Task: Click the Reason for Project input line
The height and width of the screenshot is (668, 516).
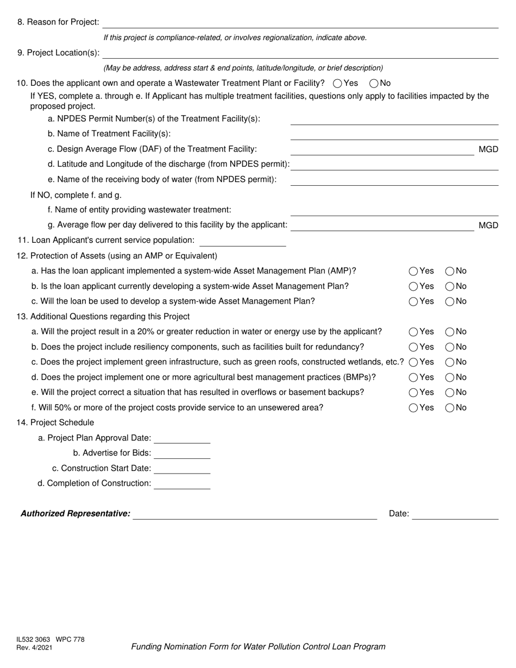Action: pos(300,22)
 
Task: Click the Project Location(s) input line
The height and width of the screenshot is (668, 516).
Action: pos(300,53)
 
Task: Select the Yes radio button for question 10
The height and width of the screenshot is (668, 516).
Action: pos(337,84)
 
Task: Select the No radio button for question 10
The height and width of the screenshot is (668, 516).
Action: pos(374,84)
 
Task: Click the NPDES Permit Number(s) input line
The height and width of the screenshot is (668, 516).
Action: pos(394,119)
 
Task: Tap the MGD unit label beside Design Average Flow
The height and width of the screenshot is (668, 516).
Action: pos(488,149)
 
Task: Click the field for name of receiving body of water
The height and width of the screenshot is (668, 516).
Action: pos(394,180)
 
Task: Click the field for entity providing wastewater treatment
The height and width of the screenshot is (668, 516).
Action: pos(394,210)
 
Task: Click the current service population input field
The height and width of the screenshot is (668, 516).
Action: pos(242,241)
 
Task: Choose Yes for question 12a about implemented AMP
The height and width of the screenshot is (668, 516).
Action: pos(413,271)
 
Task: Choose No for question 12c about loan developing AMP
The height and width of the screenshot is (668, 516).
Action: pos(450,301)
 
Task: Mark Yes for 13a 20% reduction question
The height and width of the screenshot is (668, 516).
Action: pos(413,332)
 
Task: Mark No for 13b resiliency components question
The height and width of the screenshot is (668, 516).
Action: pos(450,347)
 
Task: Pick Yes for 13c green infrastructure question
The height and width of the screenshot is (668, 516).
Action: pos(413,362)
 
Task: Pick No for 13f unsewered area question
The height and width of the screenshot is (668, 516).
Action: pos(450,408)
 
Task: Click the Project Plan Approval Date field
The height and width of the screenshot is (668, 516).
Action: pos(182,438)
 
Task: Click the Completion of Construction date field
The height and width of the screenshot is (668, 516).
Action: pos(182,484)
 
